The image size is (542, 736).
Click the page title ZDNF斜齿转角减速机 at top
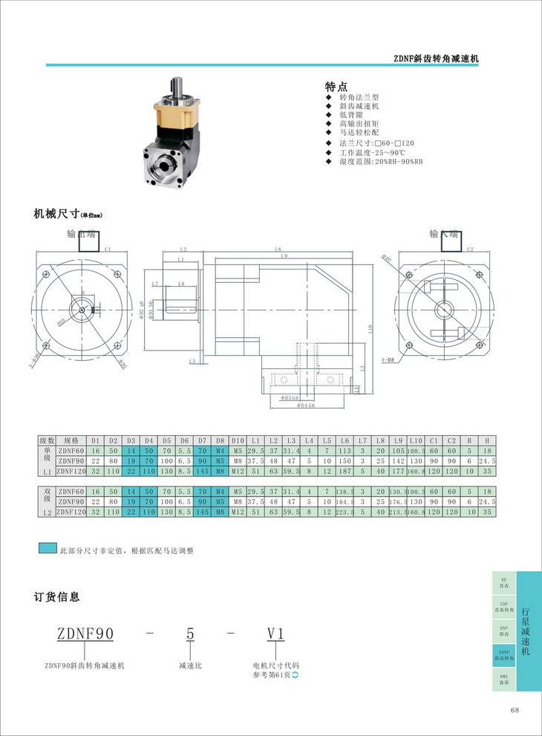435,58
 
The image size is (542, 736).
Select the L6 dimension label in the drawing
277,249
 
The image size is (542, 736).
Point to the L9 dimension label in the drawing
285,257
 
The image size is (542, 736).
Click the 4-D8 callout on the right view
387,359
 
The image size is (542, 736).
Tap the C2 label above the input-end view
470,250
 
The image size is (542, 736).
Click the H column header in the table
486,440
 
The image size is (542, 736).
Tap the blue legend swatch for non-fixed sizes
47,549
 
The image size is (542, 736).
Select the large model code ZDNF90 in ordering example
85,634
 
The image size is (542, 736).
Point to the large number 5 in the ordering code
190,634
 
